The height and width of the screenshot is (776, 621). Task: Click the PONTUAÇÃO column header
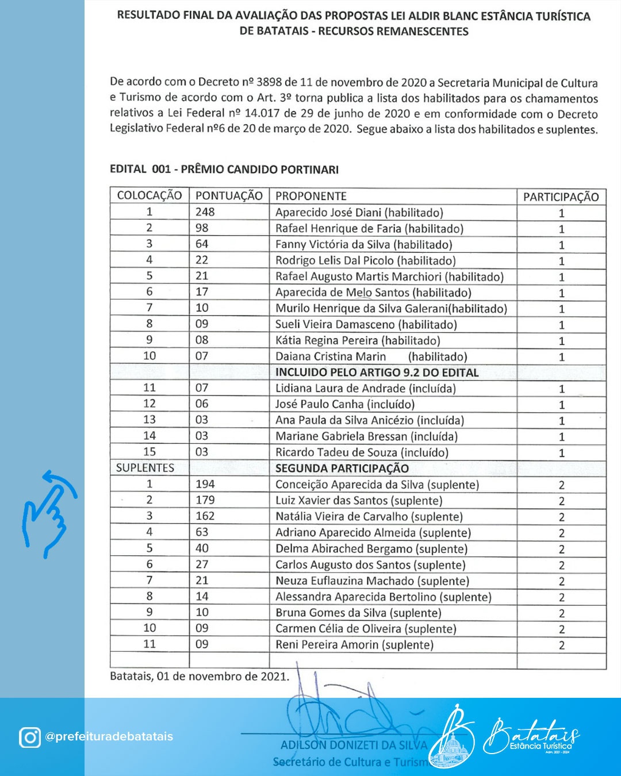point(229,196)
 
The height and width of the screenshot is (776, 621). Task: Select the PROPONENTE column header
point(310,196)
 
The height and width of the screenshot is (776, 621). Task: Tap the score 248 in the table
point(205,212)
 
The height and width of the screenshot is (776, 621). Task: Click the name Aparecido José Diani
point(359,213)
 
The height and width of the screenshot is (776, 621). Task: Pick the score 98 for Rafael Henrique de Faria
point(201,228)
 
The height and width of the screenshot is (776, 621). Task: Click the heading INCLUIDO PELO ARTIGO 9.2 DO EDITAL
point(377,372)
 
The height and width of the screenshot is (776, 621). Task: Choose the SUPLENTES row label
point(145,468)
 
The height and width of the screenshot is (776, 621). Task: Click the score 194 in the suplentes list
point(205,484)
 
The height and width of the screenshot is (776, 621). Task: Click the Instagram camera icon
point(30,737)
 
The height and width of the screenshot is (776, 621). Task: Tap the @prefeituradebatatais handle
point(109,737)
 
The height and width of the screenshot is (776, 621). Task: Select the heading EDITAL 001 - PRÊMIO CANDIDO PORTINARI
point(224,170)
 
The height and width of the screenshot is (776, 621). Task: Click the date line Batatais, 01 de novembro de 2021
point(200,677)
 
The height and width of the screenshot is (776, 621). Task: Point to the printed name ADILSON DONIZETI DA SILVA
point(353,746)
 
